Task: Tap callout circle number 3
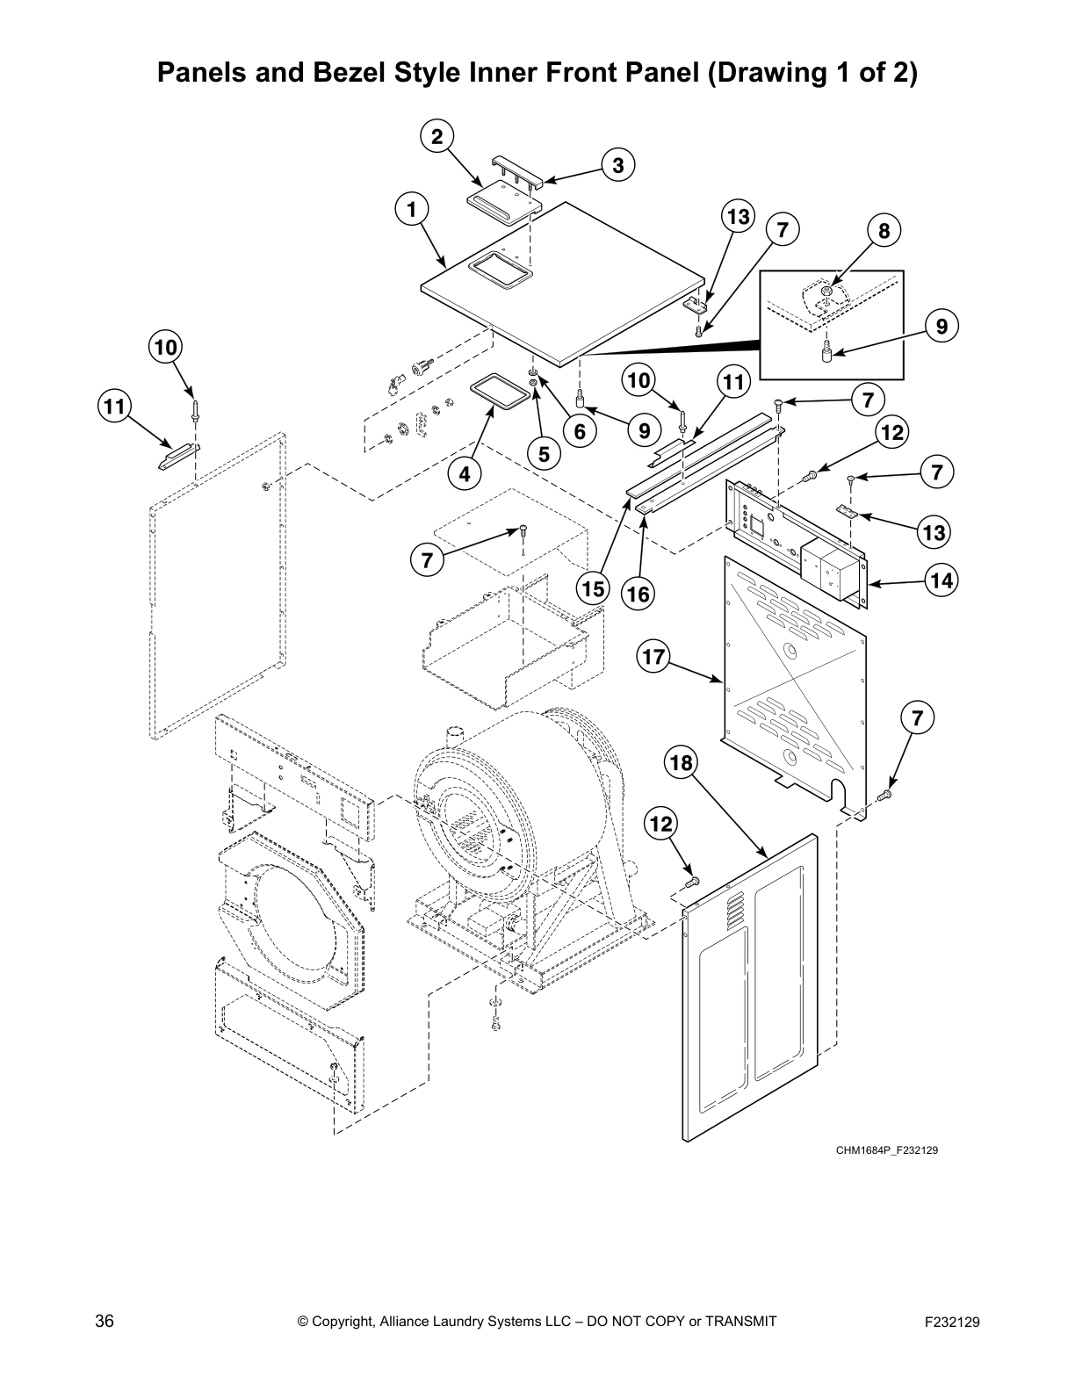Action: pos(617,164)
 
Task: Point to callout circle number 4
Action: pos(464,473)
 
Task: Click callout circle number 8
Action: pos(884,231)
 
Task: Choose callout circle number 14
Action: pos(942,580)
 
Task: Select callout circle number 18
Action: pos(682,763)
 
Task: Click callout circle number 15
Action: pos(593,587)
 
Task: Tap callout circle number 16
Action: pos(638,595)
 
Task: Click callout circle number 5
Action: pos(544,453)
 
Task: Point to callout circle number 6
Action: pos(579,431)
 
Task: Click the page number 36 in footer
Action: pos(104,1321)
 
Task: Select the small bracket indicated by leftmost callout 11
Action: pos(178,456)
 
